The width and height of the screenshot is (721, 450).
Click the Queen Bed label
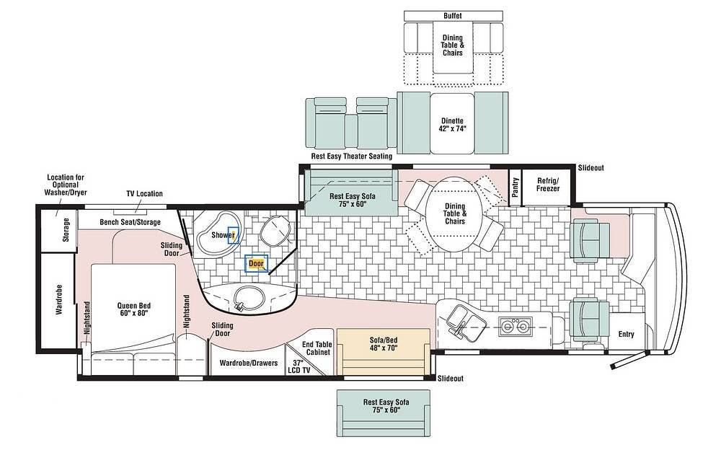[x=133, y=309]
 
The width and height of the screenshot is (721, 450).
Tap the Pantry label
[x=516, y=187]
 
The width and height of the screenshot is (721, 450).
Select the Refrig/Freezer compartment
[x=548, y=187]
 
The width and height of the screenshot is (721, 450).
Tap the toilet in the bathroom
[x=275, y=230]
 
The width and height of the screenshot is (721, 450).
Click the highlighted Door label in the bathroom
[x=256, y=264]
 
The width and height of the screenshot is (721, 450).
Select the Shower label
[x=223, y=235]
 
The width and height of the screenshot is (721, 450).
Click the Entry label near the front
[x=627, y=334]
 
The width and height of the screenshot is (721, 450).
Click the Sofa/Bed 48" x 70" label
[x=384, y=344]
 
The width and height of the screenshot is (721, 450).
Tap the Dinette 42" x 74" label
[x=453, y=125]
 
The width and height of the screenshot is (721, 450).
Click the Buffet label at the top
[x=453, y=16]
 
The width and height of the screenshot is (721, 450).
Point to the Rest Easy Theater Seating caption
[x=352, y=156]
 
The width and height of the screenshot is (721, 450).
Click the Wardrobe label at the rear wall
[x=59, y=299]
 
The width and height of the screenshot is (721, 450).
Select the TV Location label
[x=144, y=194]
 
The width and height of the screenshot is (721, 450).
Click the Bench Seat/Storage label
[x=130, y=222]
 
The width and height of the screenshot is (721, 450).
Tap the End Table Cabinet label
[x=318, y=348]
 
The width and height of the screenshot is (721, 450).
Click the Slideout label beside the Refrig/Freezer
[x=591, y=168]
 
